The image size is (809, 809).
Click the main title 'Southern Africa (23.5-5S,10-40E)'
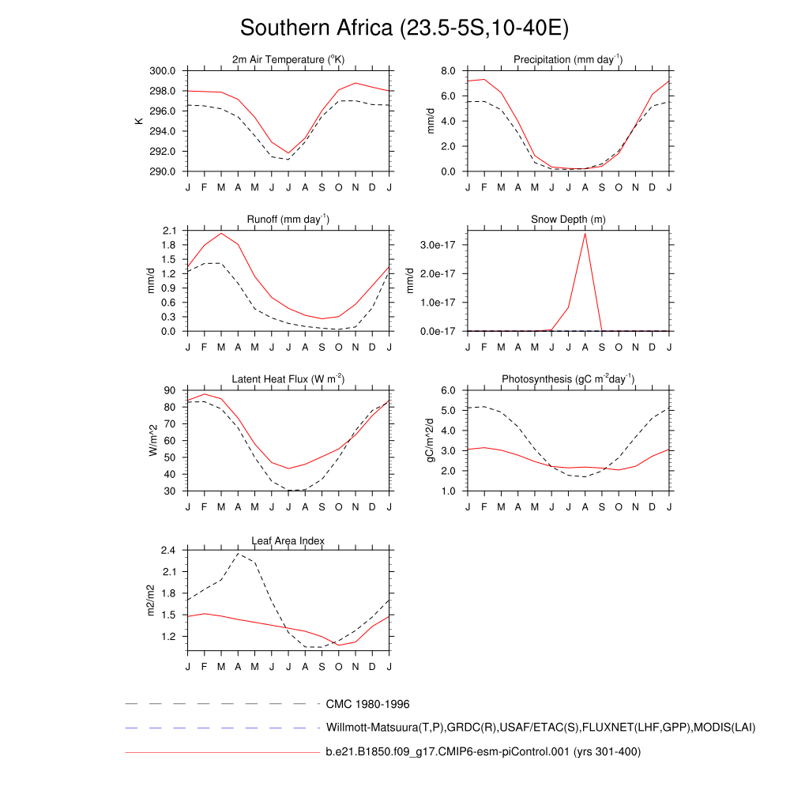(404, 28)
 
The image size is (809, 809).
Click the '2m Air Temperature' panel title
(288, 60)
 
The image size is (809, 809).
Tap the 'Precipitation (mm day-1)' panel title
(568, 60)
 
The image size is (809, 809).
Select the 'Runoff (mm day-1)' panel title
(288, 220)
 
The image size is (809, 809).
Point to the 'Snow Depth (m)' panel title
(568, 220)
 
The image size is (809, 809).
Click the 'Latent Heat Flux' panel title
(288, 379)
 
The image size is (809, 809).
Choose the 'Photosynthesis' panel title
(568, 379)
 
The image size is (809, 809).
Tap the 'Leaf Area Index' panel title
(288, 540)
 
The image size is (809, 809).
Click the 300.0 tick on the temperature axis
(163, 71)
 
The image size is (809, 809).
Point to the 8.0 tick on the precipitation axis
(447, 71)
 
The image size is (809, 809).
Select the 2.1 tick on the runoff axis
(168, 231)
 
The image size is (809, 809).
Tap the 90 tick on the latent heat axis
(170, 390)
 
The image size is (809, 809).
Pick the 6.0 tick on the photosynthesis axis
(447, 390)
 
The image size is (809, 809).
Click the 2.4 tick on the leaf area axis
(168, 551)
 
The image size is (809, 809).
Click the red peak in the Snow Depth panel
(585, 233)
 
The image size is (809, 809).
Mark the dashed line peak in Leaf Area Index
(238, 553)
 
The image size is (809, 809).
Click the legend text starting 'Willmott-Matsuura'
(540, 727)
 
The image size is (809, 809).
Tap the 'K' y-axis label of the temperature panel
(139, 121)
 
